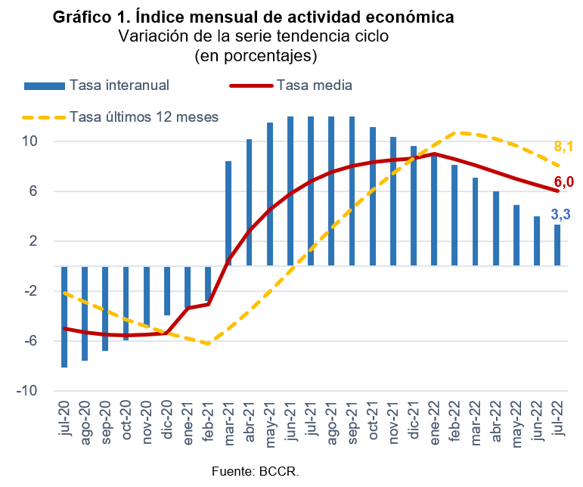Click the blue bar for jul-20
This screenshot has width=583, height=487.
coord(64,317)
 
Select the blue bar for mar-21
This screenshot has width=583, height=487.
coord(228,213)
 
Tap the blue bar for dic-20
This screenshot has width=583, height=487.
coord(167,290)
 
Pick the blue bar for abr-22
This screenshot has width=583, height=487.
coord(495,228)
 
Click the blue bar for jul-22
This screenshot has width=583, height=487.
coord(557,245)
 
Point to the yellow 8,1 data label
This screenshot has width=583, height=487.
coord(563,147)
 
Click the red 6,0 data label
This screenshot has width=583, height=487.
coord(563,182)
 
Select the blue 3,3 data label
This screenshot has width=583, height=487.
coord(560,214)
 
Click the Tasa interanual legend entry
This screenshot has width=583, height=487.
coord(97,85)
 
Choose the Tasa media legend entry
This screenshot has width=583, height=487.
coord(291,85)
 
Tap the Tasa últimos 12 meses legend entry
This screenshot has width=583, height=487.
coord(120,117)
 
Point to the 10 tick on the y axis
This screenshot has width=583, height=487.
coord(29,141)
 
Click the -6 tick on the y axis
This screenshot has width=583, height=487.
coord(31,341)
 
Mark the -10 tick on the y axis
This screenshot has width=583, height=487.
coord(26,391)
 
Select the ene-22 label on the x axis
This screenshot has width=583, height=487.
coord(434,422)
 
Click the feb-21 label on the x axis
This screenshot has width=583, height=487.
coord(208,421)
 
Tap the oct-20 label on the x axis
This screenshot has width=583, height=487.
coord(126,420)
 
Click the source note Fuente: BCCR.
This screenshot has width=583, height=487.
coord(255,471)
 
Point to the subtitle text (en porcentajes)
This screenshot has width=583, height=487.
coord(256,56)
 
